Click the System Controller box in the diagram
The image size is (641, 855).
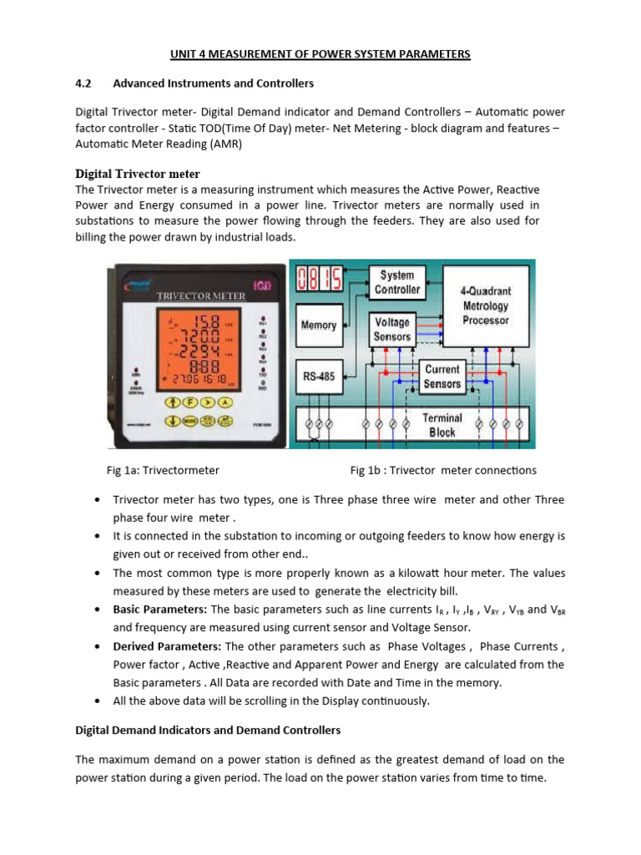[397, 282]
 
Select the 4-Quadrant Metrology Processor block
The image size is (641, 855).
[485, 306]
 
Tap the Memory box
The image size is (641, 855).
[318, 325]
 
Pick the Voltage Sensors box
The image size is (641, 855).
[392, 329]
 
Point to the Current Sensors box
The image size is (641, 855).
[442, 376]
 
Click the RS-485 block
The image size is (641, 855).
[318, 377]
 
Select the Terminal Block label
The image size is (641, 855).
[442, 424]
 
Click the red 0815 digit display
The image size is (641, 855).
[317, 280]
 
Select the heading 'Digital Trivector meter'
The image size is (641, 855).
[138, 174]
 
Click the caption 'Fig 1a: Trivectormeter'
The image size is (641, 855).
[163, 470]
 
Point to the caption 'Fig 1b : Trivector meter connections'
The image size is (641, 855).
[443, 470]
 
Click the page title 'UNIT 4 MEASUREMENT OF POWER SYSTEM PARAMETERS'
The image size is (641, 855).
[320, 54]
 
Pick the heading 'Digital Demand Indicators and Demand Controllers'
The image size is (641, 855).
[208, 730]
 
